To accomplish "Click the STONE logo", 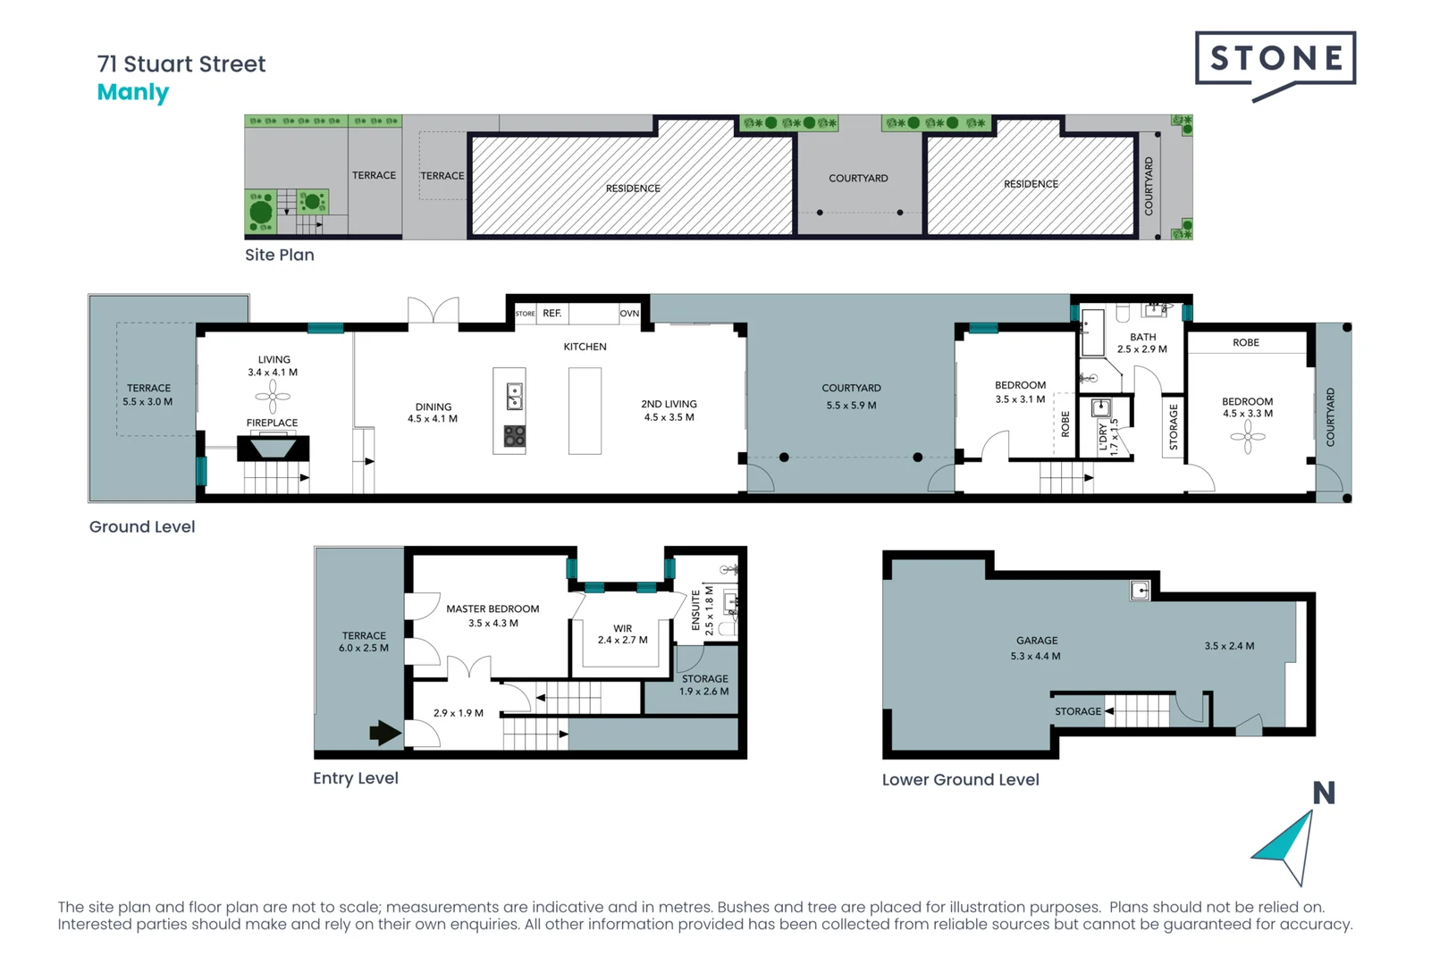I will coord(1275,60).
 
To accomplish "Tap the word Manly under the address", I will coord(132,92).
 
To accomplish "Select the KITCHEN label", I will coord(585,347).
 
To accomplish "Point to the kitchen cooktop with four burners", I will coord(514,436).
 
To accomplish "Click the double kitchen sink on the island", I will coord(514,396).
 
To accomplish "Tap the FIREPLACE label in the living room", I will coord(272,423).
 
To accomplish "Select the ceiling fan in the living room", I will coord(273,395).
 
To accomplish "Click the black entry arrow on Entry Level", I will coord(384,734).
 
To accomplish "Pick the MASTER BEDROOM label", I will coord(492,609).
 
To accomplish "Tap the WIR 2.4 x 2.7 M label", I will coord(622,634).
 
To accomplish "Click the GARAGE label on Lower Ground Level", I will coord(1036,641).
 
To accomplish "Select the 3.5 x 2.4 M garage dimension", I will coord(1228,646).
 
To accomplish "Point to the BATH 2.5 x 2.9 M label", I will coord(1141,343).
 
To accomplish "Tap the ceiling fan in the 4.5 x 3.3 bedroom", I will coord(1248,437).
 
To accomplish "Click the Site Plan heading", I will coord(279,255).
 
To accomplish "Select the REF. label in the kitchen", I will coord(551,314).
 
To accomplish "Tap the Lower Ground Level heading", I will coord(960,780).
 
